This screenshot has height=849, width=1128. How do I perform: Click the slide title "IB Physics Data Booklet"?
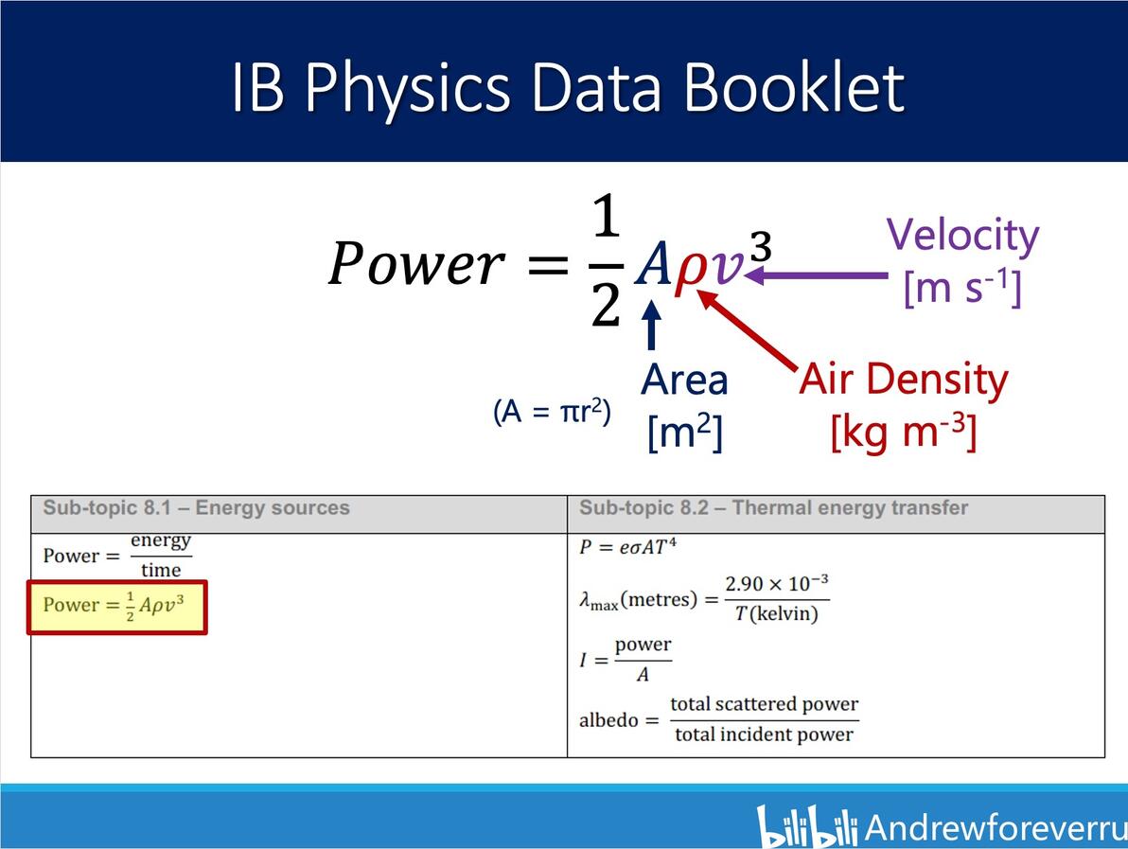568,87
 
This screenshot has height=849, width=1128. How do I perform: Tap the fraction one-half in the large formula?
606,263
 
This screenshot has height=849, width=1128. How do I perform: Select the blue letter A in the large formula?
654,266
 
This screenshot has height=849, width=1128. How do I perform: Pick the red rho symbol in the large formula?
690,269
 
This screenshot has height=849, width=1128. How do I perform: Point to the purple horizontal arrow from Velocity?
819,276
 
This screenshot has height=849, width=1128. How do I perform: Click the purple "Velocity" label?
962,236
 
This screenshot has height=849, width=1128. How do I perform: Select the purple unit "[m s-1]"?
962,287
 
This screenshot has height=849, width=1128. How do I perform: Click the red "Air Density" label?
904,380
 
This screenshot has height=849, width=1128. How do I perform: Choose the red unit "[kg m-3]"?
903,432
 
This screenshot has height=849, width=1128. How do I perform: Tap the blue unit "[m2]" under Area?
685,433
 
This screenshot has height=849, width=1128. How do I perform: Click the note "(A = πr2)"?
553,413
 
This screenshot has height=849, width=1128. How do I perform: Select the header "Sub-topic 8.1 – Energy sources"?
197,508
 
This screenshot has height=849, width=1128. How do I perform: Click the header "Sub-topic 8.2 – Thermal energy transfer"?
773,508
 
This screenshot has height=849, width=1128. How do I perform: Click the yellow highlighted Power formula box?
118,606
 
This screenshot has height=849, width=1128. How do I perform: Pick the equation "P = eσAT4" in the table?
628,547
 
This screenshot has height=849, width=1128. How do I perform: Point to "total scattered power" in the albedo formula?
764,704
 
